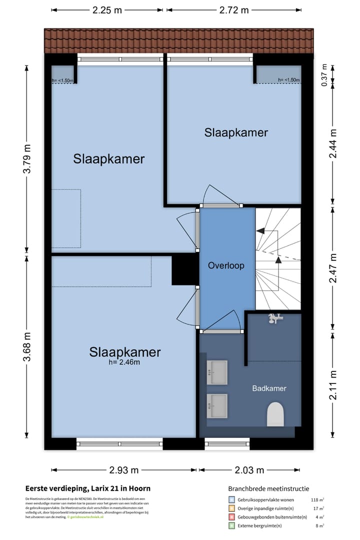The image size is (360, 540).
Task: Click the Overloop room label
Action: (x=226, y=265)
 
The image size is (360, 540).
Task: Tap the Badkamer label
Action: (x=269, y=388)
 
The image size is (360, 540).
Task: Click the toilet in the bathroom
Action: (x=275, y=415)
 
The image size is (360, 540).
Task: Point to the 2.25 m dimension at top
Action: (x=107, y=10)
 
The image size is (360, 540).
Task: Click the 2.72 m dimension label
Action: (x=233, y=10)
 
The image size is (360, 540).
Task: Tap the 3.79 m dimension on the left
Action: (x=27, y=158)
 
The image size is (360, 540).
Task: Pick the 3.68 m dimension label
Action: (x=27, y=346)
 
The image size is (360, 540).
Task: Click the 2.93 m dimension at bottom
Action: (x=124, y=470)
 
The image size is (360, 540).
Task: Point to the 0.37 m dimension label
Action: (x=324, y=75)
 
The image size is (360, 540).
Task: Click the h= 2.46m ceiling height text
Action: (x=124, y=362)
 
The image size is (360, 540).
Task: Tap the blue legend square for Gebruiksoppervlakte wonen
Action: (x=231, y=499)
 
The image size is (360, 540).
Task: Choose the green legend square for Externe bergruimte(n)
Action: (x=231, y=525)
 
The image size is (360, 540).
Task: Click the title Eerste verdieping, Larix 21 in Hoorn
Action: (x=88, y=488)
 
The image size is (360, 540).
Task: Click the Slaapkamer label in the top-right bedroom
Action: (x=236, y=132)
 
